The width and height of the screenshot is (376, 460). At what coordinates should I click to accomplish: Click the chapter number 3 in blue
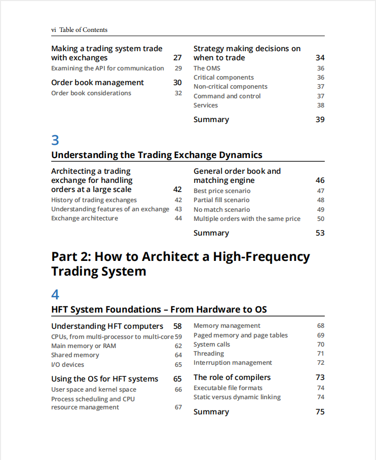(x=55, y=140)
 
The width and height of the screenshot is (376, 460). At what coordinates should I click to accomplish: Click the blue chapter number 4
(x=55, y=294)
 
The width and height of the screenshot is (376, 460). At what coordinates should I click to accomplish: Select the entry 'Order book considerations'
(x=91, y=93)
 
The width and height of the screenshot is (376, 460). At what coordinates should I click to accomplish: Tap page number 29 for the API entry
(x=178, y=68)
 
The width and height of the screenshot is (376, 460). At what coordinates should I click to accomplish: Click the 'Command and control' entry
(x=227, y=96)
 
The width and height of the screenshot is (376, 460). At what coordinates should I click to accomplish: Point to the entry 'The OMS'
(x=207, y=68)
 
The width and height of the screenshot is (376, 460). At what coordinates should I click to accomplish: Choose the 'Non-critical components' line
(x=231, y=87)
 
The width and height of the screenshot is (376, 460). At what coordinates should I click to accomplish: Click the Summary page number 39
(x=320, y=120)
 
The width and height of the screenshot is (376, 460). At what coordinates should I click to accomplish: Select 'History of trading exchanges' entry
(x=94, y=200)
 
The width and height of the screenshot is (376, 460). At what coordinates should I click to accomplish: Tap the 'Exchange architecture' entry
(x=85, y=218)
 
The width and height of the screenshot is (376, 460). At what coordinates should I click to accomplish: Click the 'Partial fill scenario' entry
(x=221, y=200)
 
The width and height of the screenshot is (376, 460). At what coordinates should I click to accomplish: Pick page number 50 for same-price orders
(x=320, y=219)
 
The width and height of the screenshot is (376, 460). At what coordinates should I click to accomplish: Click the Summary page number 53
(x=320, y=233)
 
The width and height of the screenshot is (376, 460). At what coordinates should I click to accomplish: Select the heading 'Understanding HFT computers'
(x=107, y=326)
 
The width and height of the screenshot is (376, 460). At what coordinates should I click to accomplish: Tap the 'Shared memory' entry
(x=75, y=355)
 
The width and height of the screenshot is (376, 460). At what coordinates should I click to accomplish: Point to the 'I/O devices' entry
(x=67, y=365)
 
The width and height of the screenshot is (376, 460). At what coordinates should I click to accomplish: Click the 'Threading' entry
(x=209, y=354)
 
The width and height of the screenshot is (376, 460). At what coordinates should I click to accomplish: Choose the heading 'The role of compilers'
(x=232, y=377)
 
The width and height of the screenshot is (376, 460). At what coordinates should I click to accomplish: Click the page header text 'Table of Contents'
(x=83, y=30)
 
